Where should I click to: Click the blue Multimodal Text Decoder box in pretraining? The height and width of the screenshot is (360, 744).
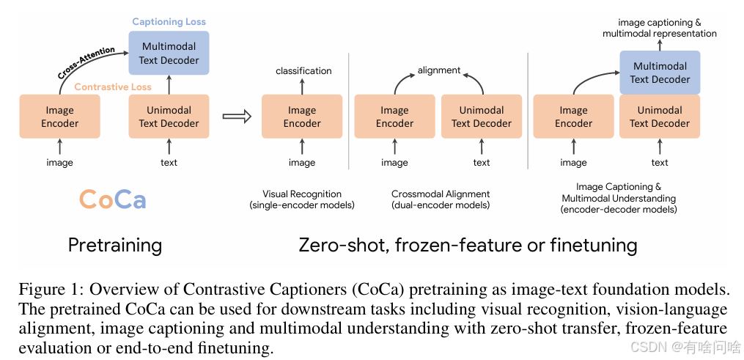point(169,53)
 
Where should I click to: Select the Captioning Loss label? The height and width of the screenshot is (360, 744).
point(169,23)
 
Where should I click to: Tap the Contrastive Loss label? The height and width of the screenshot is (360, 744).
point(113,87)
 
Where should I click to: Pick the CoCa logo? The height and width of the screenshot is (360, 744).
point(112,199)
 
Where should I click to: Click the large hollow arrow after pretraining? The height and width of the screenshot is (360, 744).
point(236,116)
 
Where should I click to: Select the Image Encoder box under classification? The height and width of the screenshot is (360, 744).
point(302,117)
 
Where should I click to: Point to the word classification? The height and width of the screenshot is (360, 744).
point(303,71)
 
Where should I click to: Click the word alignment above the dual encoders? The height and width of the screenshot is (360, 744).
point(439,70)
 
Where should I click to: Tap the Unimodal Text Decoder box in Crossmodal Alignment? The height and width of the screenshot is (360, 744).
point(481,117)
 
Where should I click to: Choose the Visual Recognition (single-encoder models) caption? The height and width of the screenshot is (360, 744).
point(302,199)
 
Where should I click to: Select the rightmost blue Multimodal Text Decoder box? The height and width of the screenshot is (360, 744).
point(660,73)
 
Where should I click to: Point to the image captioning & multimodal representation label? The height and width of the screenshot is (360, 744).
point(660,28)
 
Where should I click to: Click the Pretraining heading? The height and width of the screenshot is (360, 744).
point(115,245)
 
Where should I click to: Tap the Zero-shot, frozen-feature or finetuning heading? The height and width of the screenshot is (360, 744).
point(468,245)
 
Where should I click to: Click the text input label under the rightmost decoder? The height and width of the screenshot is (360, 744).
point(660,163)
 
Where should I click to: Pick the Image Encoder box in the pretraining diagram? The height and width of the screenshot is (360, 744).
point(59,117)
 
